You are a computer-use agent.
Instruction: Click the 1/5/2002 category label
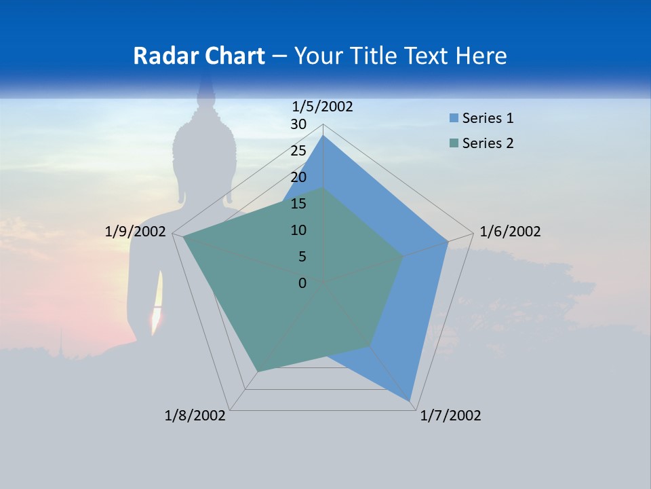point(322,107)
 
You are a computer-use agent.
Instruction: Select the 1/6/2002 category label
point(510,232)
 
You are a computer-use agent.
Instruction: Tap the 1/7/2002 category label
point(450,416)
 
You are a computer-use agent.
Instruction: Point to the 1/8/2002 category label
point(195,416)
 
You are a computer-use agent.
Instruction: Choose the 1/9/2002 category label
point(136,232)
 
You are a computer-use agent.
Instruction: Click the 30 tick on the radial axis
point(298,124)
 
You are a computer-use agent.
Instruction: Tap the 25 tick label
point(298,151)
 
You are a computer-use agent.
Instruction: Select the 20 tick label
point(298,177)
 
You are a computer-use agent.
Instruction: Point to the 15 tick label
point(298,204)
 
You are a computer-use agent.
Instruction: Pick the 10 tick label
point(298,230)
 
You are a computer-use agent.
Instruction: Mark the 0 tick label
point(302,283)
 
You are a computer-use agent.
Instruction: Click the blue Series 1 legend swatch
point(454,118)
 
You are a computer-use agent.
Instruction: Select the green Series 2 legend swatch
point(454,143)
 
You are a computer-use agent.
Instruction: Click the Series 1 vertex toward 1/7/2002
point(410,401)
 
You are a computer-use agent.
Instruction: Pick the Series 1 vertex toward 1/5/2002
point(323,136)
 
